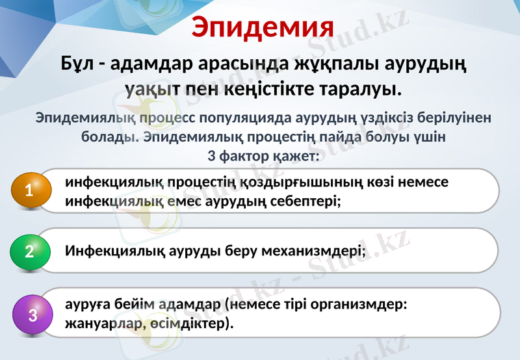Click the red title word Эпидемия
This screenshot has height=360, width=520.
click(263, 27)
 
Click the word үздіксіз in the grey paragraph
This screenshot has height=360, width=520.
click(372, 119)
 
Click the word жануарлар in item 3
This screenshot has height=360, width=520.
click(100, 322)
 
